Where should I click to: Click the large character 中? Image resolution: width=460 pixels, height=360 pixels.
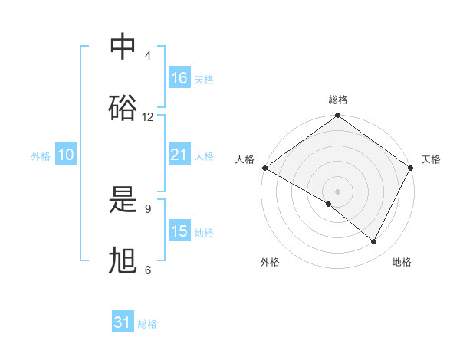(123, 47)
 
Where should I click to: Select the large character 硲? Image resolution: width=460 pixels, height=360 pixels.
(123, 108)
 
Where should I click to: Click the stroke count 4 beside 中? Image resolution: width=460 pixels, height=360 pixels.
(147, 56)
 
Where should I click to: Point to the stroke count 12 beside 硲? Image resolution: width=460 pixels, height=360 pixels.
(148, 116)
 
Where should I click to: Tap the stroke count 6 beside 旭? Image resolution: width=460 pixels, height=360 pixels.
(147, 270)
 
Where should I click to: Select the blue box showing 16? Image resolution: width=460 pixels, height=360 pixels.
(179, 78)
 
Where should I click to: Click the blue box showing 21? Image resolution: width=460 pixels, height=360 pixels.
(179, 155)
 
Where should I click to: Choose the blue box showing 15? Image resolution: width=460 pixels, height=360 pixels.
(179, 231)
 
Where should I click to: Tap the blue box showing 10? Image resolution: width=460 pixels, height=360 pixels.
(66, 155)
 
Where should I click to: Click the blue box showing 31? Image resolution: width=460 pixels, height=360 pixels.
(123, 323)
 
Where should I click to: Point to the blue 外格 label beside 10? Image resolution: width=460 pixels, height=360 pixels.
(41, 155)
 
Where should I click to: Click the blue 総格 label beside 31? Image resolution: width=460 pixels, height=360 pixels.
(147, 324)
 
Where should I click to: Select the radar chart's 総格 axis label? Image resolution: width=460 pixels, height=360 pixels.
(338, 100)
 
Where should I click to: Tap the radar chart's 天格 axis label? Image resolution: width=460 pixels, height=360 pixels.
(431, 159)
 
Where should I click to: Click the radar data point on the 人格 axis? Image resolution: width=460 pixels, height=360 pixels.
(264, 168)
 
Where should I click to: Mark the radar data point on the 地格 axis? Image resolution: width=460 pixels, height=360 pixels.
(374, 242)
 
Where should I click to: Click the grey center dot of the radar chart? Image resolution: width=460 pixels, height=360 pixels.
(338, 191)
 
